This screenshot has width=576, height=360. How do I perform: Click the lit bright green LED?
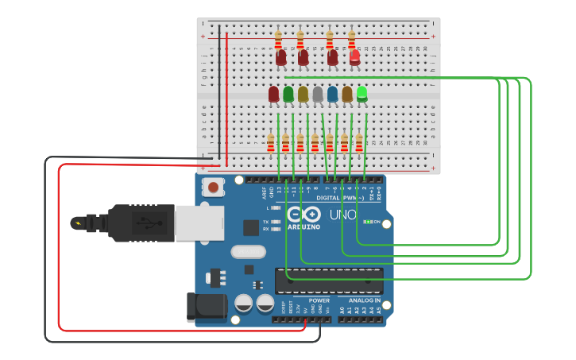tap(362, 94)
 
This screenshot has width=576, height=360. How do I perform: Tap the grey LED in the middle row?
tap(318, 95)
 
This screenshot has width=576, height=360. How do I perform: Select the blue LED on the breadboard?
tap(333, 95)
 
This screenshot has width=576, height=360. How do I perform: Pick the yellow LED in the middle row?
tap(303, 95)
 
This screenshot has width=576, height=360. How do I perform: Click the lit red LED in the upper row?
tap(355, 56)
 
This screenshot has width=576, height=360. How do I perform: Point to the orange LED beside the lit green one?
tap(347, 95)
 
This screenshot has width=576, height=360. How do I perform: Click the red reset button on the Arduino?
tap(213, 188)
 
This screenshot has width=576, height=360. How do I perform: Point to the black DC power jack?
tap(206, 307)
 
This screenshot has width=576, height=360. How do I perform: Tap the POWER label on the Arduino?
tap(319, 300)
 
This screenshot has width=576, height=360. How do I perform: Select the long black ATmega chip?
tap(329, 281)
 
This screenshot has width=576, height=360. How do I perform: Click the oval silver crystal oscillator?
tap(247, 252)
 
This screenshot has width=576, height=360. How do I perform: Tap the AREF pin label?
tap(264, 192)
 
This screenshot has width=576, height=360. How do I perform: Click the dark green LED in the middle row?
tap(288, 95)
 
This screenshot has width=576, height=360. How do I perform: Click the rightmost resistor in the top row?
tap(352, 38)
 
